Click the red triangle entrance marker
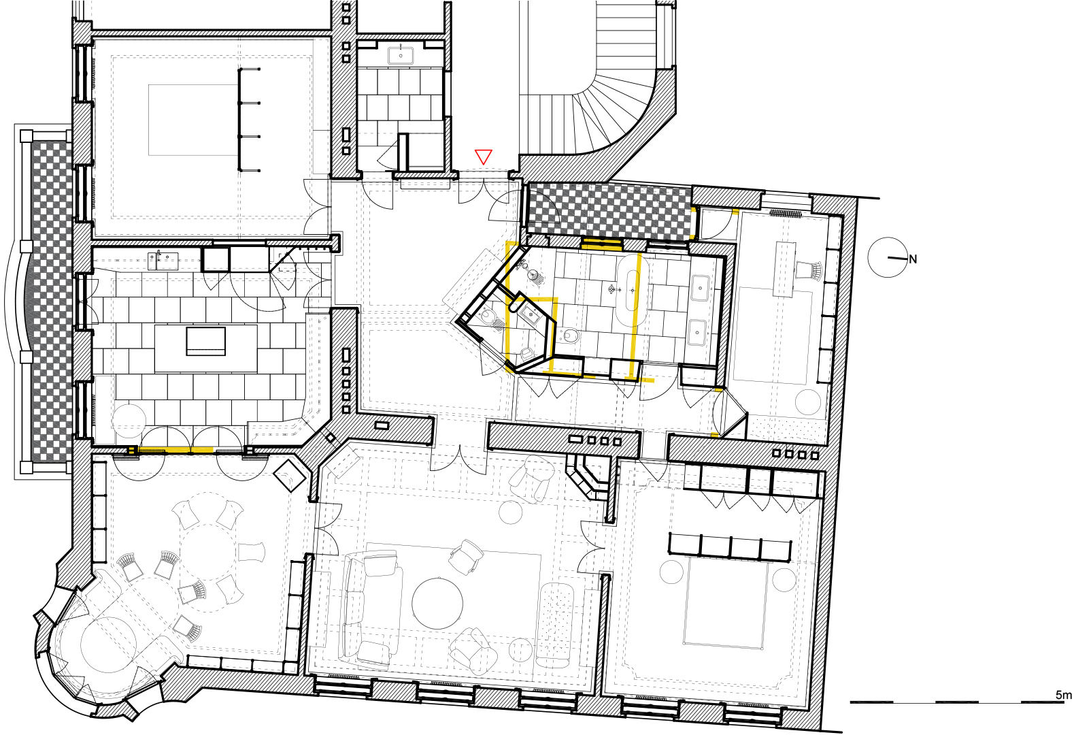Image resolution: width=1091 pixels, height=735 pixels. point(483,157)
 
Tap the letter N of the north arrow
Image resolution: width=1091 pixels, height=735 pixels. point(913,260)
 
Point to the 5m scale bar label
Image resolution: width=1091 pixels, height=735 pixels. point(1064,696)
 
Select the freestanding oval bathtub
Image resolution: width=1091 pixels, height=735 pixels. point(633,291)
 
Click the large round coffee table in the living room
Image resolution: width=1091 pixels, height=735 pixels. point(437,604)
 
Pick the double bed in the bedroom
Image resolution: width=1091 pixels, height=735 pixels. point(725,604)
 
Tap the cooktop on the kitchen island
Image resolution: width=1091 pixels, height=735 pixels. point(205,341)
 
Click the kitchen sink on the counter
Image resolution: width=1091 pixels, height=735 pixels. point(163,260)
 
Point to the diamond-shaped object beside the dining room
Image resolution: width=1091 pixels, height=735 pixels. point(290,475)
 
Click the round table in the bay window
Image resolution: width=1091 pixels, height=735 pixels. point(108,644)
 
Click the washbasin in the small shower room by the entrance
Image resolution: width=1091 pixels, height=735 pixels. point(401,56)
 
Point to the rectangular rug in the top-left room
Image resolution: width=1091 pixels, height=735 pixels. point(193,120)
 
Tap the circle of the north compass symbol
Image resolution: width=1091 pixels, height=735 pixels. point(888,257)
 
